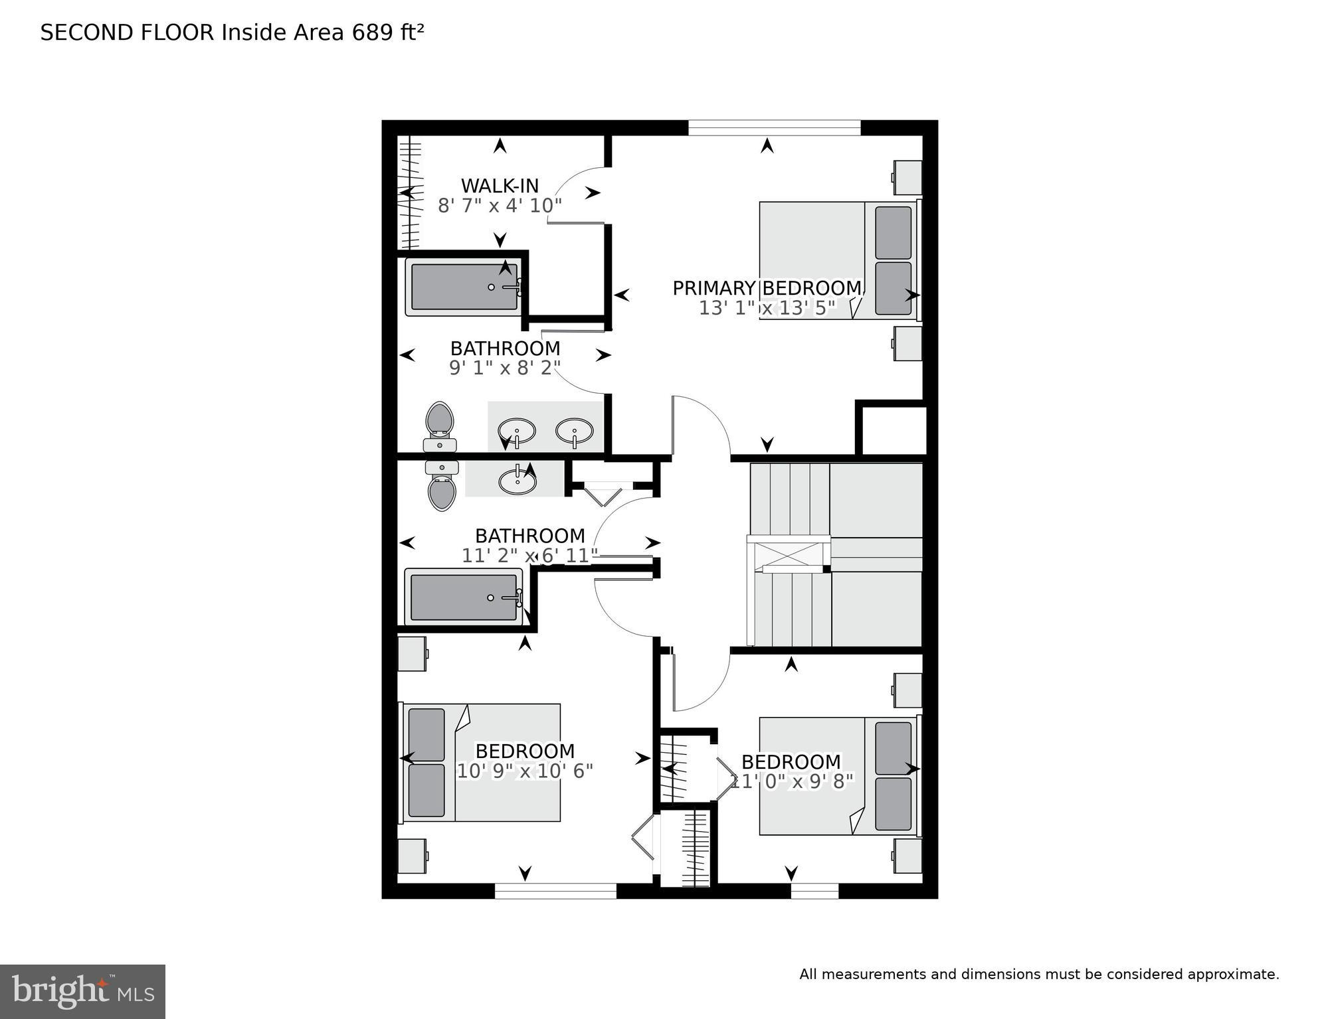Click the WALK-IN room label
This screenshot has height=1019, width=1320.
point(500,186)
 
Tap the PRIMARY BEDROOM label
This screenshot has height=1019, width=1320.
point(767,288)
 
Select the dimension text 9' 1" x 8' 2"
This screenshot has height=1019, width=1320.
point(505,368)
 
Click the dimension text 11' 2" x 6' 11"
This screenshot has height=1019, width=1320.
point(529,556)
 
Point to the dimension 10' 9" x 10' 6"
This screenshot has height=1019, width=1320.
point(525,771)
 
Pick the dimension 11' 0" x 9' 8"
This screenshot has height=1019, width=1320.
point(791,781)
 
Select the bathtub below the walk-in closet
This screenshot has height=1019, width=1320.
point(464,287)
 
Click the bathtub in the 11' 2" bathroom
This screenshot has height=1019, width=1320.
point(464,597)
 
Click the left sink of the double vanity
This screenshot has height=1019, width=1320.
point(516,431)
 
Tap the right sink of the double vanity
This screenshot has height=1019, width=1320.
point(575,431)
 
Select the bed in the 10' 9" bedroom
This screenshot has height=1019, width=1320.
point(482,762)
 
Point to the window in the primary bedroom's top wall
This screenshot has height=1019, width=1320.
point(774,127)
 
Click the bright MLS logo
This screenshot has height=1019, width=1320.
point(82,991)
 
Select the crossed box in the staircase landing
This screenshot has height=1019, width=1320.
point(788,553)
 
